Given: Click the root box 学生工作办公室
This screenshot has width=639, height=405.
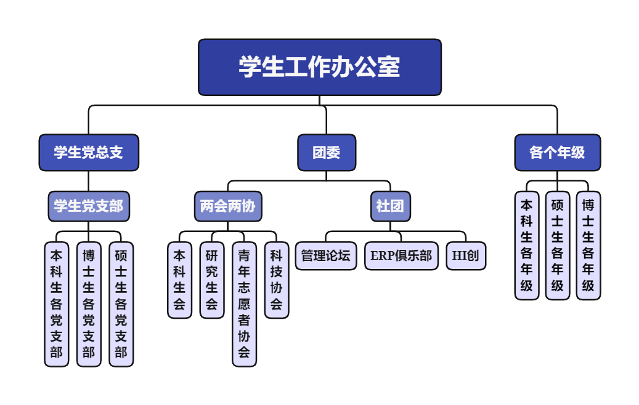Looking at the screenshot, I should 320,67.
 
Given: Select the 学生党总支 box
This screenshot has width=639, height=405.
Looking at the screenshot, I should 89,153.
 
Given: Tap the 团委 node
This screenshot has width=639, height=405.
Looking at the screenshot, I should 327,153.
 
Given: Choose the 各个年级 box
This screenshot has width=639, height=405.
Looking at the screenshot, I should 557,153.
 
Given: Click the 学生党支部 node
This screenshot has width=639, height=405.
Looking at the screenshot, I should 89,206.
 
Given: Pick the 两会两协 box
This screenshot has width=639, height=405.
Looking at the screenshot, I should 228,206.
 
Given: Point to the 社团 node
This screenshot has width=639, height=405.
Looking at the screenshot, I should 390,206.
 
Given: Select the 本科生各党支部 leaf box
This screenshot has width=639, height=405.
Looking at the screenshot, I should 57,304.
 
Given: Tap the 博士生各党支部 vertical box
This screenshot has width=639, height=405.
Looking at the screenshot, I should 89,304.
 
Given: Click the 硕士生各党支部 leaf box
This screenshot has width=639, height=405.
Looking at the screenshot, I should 121,304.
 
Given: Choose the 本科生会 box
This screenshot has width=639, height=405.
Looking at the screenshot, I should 179,280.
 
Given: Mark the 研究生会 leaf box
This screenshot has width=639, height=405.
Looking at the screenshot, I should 212,280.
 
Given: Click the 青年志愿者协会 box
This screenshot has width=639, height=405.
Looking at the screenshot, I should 244,304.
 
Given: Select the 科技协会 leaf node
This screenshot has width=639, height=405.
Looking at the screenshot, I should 277,280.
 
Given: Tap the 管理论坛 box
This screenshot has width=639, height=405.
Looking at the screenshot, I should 326,255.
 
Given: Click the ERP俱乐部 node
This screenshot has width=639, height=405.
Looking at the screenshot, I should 401,255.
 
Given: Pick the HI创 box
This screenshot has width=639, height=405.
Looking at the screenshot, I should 466,255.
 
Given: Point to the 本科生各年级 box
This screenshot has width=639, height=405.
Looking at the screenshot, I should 527,246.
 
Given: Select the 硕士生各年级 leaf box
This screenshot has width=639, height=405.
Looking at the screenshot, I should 558,246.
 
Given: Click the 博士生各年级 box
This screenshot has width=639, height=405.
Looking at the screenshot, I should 588,246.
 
